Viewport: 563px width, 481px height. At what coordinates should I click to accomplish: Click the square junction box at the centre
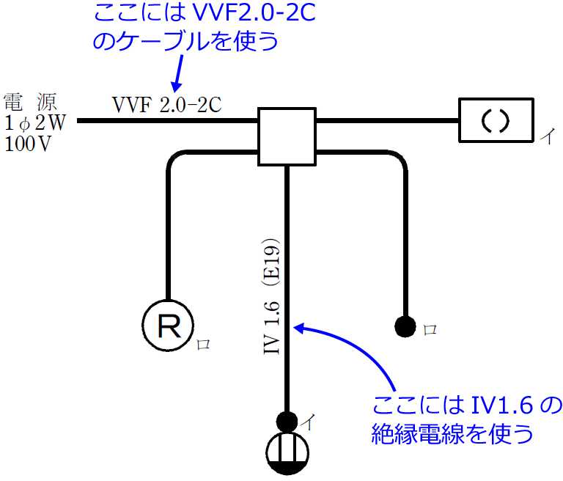tap(287, 136)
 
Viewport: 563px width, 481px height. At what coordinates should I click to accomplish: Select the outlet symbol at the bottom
tap(287, 453)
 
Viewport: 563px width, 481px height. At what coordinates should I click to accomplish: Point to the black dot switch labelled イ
tap(287, 422)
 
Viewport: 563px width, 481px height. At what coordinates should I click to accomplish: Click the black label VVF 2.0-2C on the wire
tap(166, 105)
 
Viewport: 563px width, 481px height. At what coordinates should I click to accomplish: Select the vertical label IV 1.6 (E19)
tap(273, 296)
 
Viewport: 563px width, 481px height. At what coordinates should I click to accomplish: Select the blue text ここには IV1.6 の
tap(467, 405)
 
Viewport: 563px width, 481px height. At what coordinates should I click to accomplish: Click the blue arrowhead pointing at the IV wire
tap(298, 328)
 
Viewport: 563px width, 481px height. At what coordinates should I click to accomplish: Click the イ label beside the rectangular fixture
tap(546, 136)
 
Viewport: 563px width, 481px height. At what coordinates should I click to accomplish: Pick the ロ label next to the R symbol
tap(203, 344)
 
